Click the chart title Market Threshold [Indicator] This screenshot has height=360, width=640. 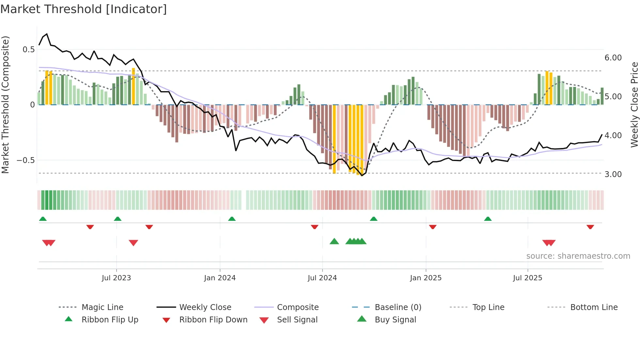[84, 9]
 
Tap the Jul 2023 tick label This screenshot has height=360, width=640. [116, 278]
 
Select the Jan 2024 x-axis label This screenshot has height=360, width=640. [220, 278]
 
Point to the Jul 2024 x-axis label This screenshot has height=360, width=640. [322, 278]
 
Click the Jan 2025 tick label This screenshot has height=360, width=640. [426, 278]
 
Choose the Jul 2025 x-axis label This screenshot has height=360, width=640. [528, 278]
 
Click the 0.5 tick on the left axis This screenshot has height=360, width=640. [28, 50]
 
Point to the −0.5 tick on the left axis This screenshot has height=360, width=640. [25, 160]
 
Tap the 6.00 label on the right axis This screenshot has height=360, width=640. [613, 58]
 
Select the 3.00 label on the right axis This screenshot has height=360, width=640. [613, 174]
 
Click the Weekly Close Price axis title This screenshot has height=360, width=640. [634, 105]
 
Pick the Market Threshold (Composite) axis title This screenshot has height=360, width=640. [6, 105]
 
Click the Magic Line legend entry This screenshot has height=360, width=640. [102, 307]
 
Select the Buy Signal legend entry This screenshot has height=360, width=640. [395, 320]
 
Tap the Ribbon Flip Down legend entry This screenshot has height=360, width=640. [213, 320]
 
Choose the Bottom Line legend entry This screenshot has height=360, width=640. [594, 307]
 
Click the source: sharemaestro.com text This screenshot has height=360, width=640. [578, 256]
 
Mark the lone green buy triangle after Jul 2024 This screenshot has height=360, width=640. [334, 242]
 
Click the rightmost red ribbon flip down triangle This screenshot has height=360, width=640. [590, 227]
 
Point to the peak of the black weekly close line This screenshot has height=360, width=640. [47, 34]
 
